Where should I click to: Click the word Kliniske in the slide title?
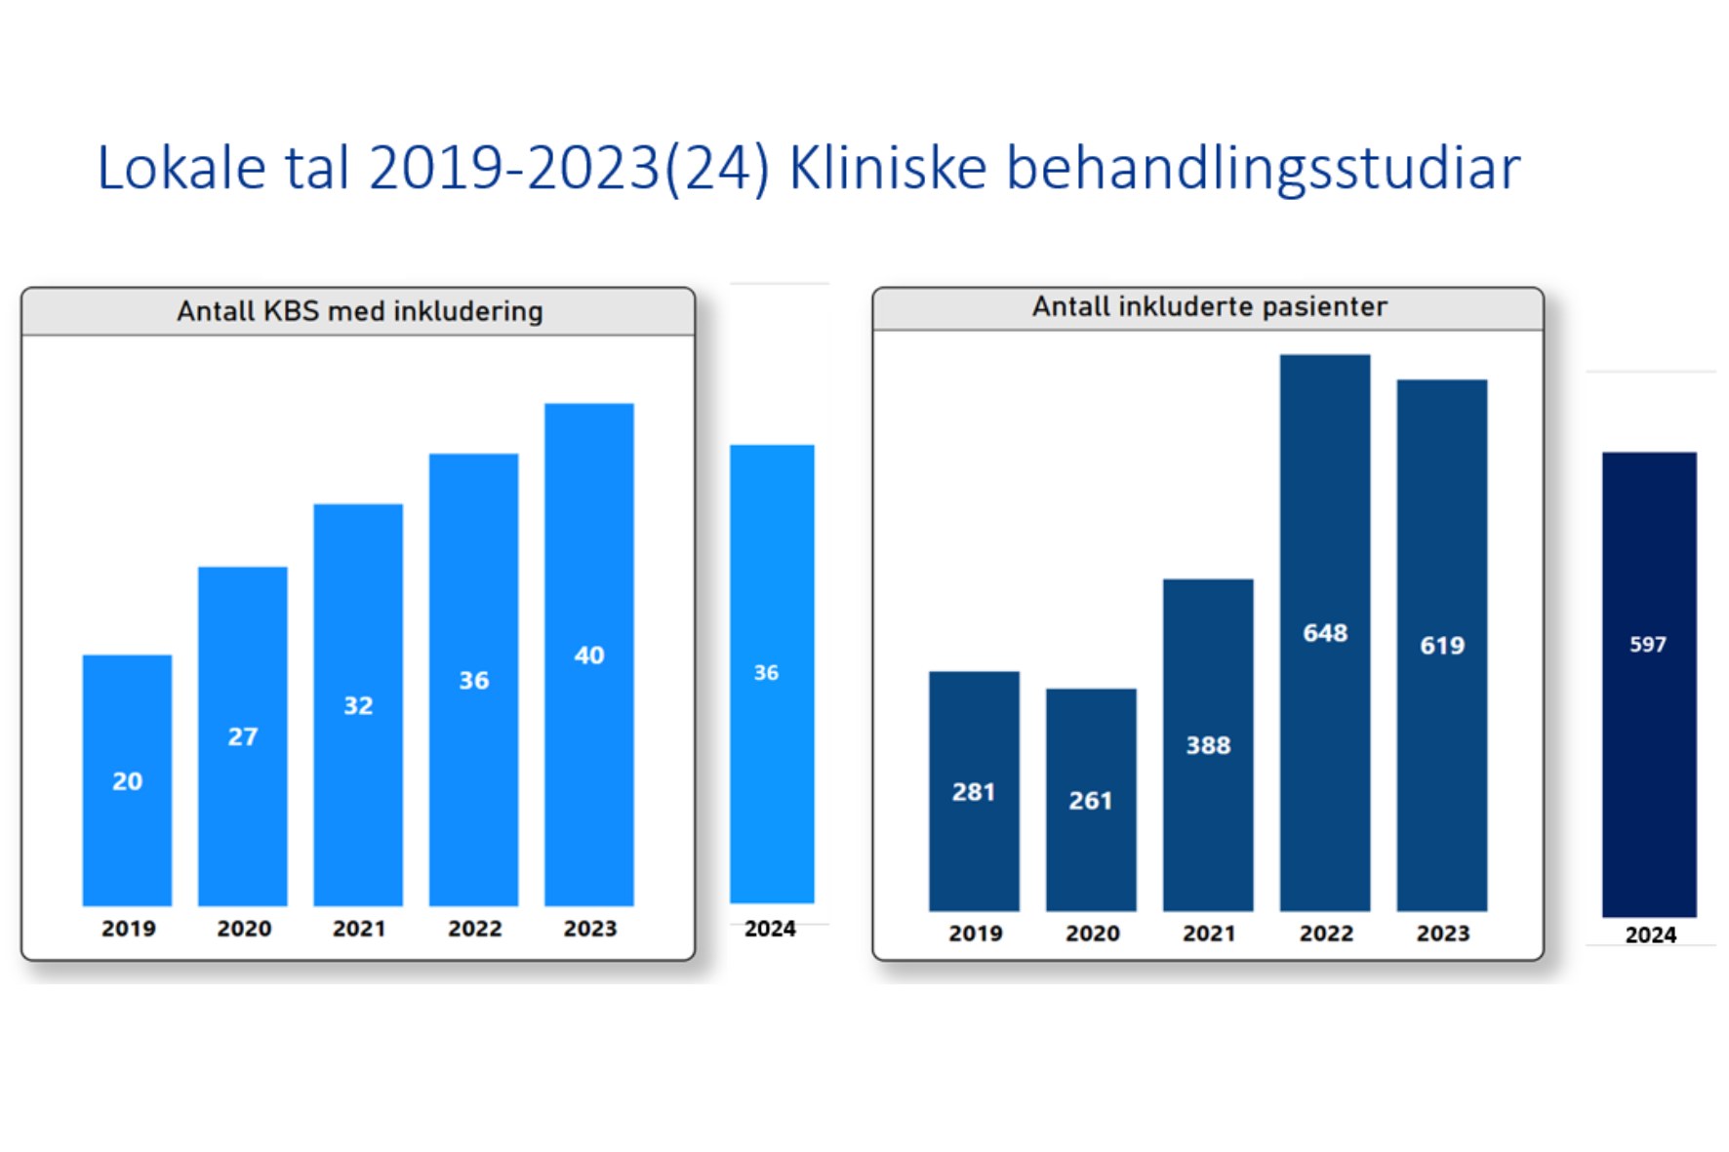tap(887, 168)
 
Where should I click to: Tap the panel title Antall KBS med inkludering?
tap(359, 311)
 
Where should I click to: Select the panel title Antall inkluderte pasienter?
tap(1209, 307)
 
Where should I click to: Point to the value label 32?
tap(358, 705)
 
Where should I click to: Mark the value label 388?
tap(1208, 745)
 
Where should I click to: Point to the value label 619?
tap(1442, 645)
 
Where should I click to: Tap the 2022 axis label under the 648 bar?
tap(1326, 934)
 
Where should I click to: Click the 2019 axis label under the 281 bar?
tap(976, 934)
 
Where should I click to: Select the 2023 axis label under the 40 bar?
tap(590, 929)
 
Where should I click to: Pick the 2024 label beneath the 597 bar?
tap(1650, 934)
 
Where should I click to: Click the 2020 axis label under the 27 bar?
tap(244, 929)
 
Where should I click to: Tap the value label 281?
tap(974, 791)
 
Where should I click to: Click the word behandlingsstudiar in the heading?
tap(1263, 168)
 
